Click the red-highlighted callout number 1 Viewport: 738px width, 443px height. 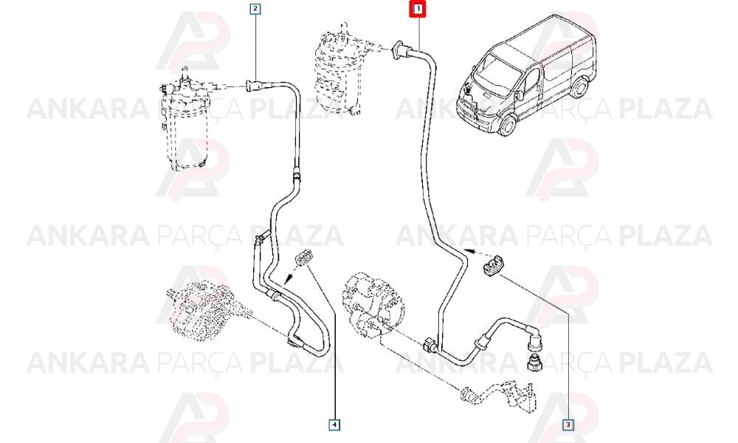(x=418, y=8)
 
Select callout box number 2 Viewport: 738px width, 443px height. (x=255, y=8)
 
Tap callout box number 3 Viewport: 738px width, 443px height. (x=568, y=425)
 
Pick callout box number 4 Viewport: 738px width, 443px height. (x=334, y=425)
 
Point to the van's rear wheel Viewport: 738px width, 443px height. (x=580, y=87)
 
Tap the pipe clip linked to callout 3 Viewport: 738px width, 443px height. (x=493, y=267)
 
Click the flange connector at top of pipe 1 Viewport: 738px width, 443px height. (x=399, y=50)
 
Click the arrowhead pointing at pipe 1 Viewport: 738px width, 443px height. (x=466, y=250)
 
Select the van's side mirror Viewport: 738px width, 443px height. (x=520, y=95)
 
